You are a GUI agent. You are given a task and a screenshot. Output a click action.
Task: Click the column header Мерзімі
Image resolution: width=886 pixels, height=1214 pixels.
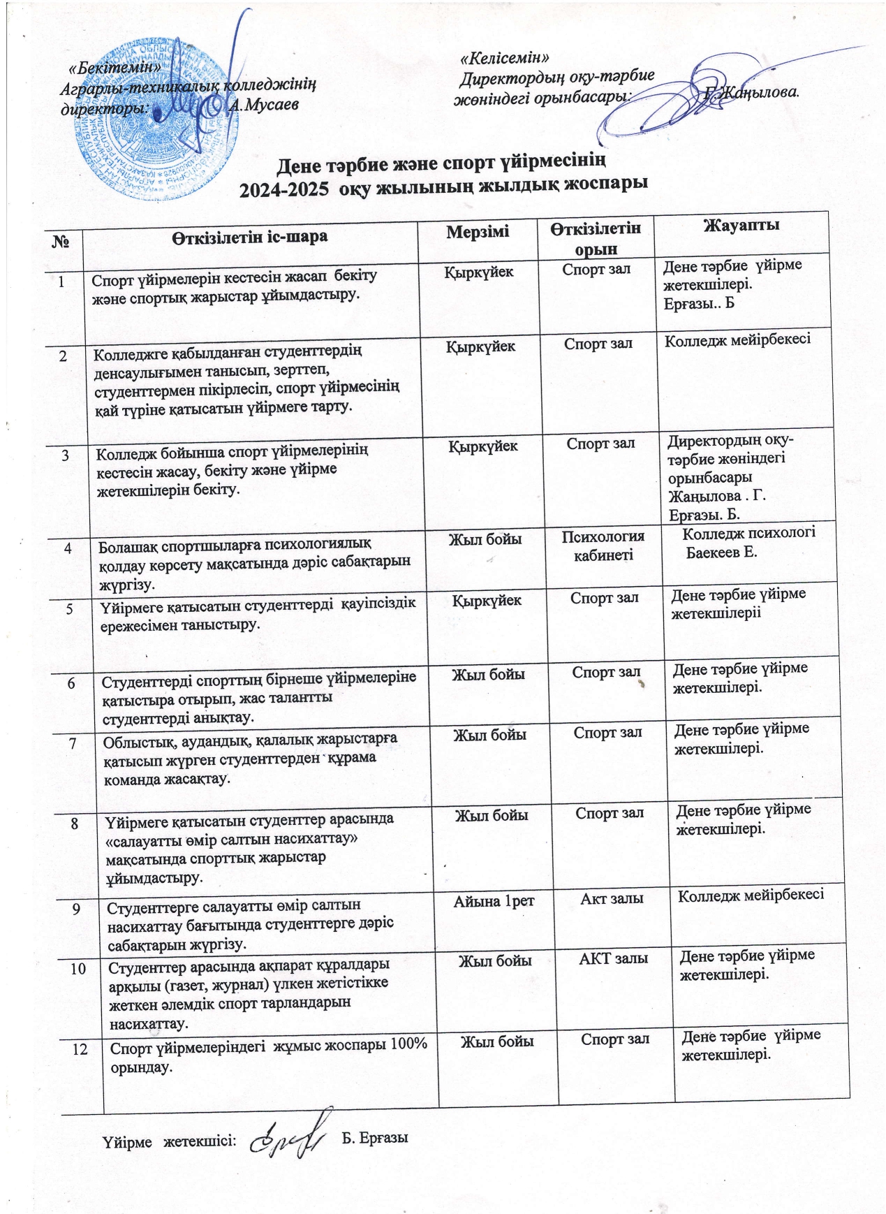pyautogui.click(x=478, y=232)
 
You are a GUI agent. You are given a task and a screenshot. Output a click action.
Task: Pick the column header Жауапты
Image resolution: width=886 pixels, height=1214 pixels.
pyautogui.click(x=741, y=225)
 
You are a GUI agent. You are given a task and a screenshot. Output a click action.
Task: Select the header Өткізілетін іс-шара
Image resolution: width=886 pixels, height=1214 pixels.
pyautogui.click(x=250, y=236)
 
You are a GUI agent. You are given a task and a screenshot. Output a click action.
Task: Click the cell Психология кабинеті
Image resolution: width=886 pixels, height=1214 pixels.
pyautogui.click(x=604, y=546)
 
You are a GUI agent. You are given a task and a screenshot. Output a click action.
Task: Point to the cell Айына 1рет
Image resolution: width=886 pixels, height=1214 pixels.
pyautogui.click(x=494, y=901)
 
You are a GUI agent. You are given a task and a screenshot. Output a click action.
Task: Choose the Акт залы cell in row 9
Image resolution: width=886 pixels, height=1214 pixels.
pyautogui.click(x=612, y=898)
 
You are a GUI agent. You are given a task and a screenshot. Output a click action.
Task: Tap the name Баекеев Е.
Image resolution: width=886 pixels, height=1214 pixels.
pyautogui.click(x=721, y=553)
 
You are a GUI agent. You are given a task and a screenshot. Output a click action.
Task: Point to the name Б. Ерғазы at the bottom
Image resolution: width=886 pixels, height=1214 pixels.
pyautogui.click(x=374, y=1138)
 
